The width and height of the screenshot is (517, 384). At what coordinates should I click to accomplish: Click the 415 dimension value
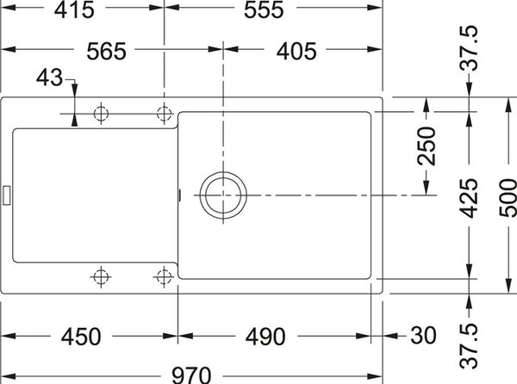(74, 9)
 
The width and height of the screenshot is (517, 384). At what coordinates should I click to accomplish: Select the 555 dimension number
(264, 9)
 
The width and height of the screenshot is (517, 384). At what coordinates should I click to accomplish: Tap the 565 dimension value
(106, 51)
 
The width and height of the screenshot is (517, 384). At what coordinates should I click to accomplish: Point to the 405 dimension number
(296, 51)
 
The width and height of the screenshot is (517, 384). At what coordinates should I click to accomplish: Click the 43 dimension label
(49, 77)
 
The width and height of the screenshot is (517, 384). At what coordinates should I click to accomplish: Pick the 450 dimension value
(81, 337)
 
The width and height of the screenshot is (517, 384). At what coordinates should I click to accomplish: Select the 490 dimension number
(265, 337)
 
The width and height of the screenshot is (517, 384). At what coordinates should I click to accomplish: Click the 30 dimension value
(423, 336)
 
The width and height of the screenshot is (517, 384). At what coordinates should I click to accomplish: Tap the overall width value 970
(191, 375)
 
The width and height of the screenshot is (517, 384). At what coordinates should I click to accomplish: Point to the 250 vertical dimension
(427, 146)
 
